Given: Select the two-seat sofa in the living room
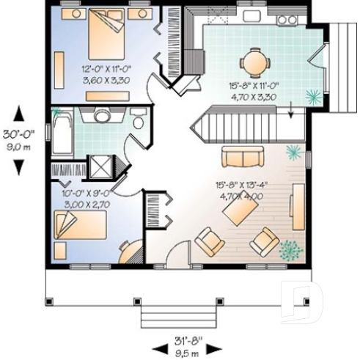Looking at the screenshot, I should (x=243, y=157).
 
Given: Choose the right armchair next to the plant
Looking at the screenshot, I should (x=263, y=240).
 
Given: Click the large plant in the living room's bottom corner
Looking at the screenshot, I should (x=291, y=250).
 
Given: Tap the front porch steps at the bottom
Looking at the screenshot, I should (x=170, y=316).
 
